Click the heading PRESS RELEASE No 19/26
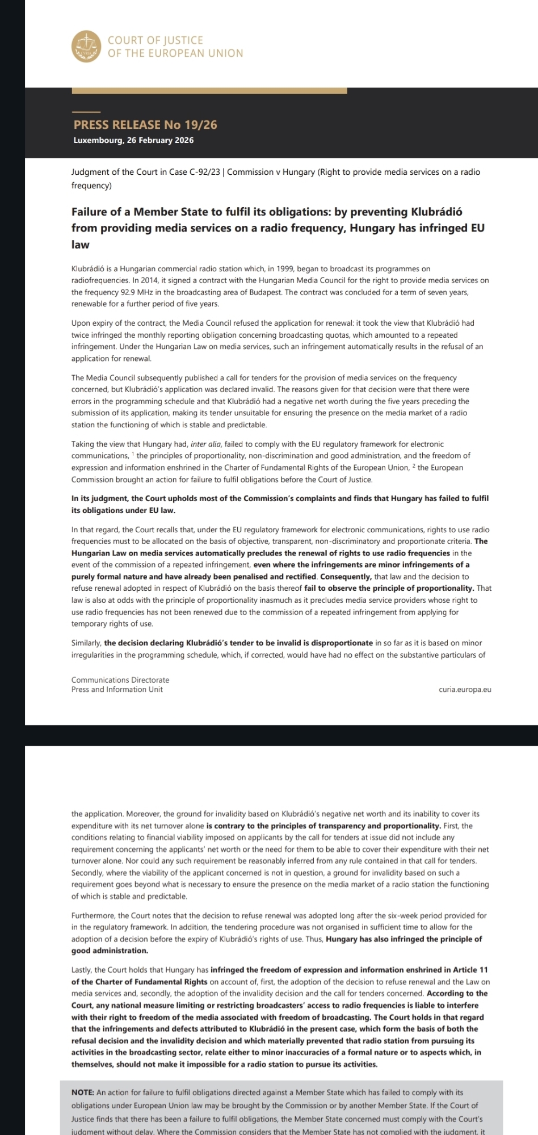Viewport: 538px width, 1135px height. (145, 125)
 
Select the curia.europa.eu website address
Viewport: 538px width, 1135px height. (465, 690)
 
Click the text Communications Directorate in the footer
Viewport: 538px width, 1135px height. (120, 680)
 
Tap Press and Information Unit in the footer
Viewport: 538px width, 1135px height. (117, 690)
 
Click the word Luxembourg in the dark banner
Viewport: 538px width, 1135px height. (98, 141)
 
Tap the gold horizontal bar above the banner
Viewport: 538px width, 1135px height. (209, 91)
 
